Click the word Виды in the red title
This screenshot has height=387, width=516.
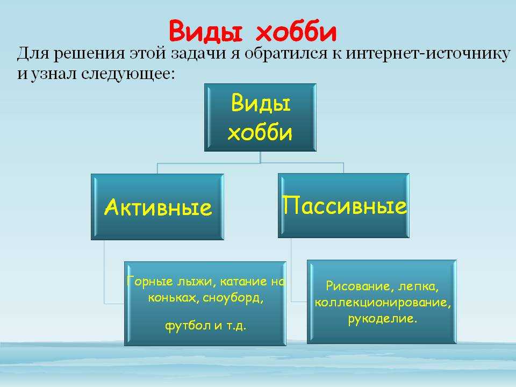(x=206, y=32)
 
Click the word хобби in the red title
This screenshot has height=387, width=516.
(x=296, y=32)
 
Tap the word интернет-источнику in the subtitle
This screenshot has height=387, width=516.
(x=428, y=54)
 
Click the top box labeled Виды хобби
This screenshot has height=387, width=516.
(x=260, y=118)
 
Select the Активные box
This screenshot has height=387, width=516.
(x=157, y=206)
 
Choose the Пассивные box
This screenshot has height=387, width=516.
(x=344, y=206)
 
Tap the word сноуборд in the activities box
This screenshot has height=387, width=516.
(x=233, y=298)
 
